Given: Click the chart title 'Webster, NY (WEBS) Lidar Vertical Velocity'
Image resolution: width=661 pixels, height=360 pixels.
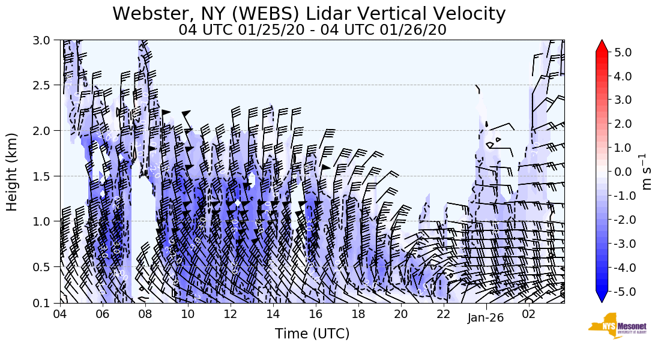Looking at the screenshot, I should point(309,13).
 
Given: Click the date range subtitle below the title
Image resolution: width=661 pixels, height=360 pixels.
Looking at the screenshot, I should point(312,29).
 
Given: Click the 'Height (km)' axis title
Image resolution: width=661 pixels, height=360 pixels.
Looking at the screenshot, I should point(12,172).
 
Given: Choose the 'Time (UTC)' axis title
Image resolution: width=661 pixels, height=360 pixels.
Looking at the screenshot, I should point(312,334).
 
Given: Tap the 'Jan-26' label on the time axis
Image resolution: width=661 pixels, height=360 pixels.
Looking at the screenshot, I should point(486,318).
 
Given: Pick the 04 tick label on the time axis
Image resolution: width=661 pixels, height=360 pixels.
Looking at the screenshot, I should point(59,314).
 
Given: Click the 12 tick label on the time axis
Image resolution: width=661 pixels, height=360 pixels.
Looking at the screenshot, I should point(230,314).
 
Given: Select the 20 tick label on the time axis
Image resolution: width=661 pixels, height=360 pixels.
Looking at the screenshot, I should point(400,314).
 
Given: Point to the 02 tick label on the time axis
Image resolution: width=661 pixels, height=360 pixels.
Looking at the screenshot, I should point(529,314).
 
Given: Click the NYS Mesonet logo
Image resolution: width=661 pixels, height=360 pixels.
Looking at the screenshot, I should point(614,326).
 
